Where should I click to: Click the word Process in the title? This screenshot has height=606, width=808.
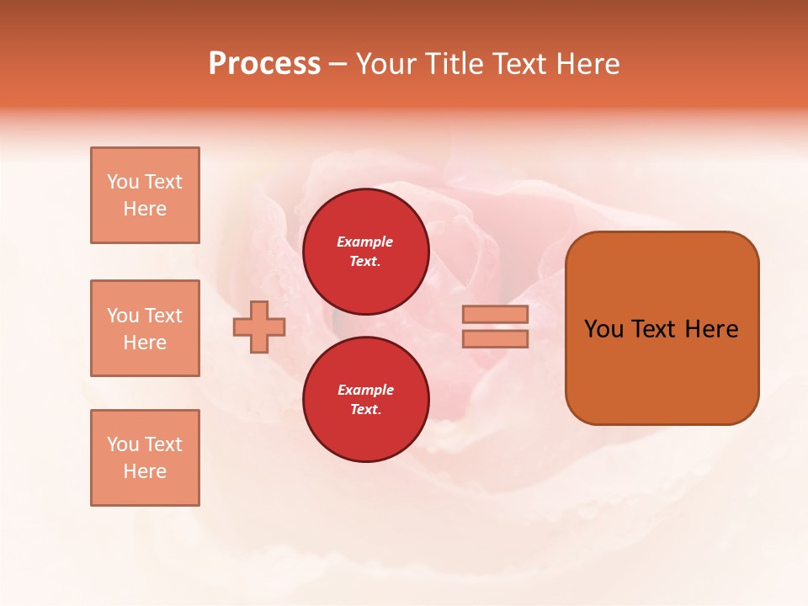264,64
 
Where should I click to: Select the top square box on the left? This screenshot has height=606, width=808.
145,195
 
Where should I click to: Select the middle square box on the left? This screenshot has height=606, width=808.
145,328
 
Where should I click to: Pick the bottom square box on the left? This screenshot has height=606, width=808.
145,458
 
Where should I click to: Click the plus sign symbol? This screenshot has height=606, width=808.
259,327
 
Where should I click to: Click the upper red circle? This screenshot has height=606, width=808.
366,252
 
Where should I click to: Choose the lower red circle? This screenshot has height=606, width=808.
366,400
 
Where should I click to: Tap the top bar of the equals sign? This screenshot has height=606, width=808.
496,315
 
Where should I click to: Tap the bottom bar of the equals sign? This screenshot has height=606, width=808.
496,338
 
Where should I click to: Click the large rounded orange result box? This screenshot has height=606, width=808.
662,328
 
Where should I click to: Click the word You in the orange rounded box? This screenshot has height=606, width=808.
603,329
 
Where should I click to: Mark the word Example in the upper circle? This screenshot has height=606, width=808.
365,242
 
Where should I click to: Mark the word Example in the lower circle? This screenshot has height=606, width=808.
365,390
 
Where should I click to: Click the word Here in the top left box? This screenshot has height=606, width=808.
145,209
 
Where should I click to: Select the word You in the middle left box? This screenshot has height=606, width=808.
121,316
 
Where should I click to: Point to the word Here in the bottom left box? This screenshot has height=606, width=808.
145,471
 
